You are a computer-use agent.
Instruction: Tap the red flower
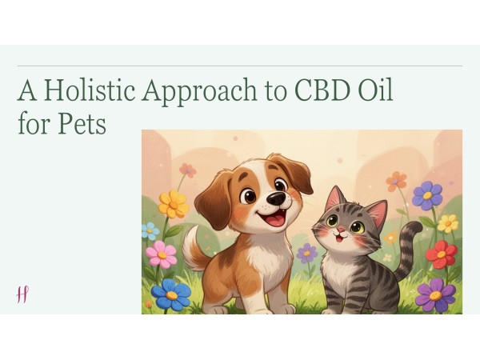(441, 254)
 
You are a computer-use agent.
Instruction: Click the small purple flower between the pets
(307, 253)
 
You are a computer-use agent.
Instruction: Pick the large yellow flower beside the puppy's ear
(173, 204)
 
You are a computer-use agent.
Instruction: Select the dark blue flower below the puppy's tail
(171, 294)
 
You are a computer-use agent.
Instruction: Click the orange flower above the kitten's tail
(396, 180)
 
